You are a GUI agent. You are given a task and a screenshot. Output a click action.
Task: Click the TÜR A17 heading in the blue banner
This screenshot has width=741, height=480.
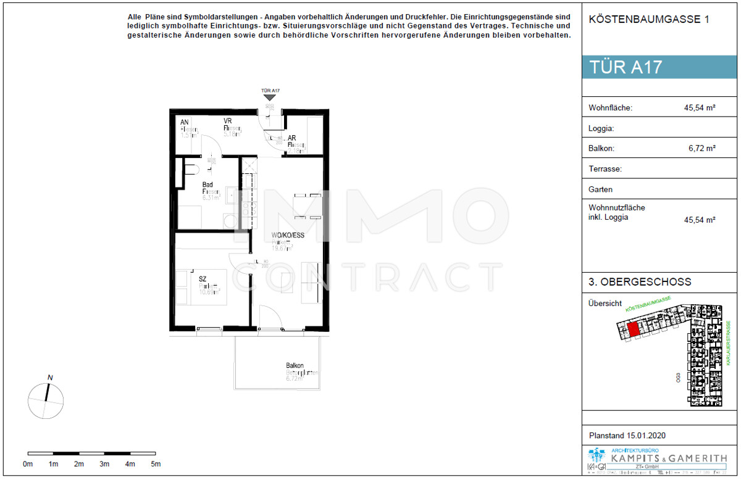[626, 67]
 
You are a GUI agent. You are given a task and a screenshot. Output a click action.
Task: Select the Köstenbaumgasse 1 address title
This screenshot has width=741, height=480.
[649, 20]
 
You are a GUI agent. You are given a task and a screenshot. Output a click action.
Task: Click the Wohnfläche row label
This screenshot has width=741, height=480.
[611, 108]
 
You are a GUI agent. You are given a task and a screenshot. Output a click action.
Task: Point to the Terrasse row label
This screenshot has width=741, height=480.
[605, 168]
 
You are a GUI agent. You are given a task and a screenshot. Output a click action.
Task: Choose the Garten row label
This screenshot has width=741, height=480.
[601, 189]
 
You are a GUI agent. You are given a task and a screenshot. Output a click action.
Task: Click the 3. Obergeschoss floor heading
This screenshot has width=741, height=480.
[640, 283]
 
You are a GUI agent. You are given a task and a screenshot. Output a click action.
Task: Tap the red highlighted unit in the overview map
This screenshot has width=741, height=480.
[632, 329]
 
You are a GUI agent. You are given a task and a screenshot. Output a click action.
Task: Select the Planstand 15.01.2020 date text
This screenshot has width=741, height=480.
[627, 436]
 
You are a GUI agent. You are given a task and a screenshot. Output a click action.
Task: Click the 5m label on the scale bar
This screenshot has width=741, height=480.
[156, 464]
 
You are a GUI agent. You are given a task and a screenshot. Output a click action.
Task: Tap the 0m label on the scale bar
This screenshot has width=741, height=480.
[28, 464]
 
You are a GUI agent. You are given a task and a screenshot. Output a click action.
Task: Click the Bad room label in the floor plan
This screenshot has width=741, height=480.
[208, 184]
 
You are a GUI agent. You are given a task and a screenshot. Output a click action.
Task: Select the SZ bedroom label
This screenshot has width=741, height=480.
[202, 279]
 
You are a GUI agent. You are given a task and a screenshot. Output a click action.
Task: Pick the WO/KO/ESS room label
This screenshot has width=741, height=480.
[287, 235]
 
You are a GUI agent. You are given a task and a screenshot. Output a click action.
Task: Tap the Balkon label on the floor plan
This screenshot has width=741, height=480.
[295, 366]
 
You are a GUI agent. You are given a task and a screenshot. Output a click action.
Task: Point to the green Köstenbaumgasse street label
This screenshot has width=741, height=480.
[648, 303]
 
